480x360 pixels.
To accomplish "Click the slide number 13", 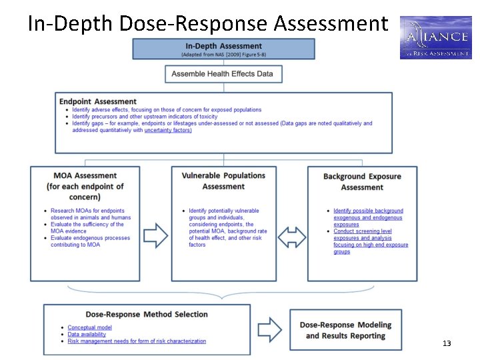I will point(447,343).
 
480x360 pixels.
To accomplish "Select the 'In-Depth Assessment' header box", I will point(223,49).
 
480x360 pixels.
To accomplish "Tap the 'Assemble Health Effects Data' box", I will point(223,73).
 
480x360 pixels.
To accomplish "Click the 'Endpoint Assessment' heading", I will point(98,101).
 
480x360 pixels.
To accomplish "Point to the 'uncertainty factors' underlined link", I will point(167,130).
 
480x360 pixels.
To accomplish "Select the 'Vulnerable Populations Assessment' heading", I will point(223,181).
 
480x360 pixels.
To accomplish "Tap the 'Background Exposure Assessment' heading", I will point(362,181).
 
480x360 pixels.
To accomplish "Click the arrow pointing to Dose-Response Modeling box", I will point(270,328).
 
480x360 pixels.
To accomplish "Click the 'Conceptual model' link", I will point(90,327).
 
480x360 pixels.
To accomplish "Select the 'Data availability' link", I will point(87,335).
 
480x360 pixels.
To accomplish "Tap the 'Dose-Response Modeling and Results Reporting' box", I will point(345,330).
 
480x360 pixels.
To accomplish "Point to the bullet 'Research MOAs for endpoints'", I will point(87,211).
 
